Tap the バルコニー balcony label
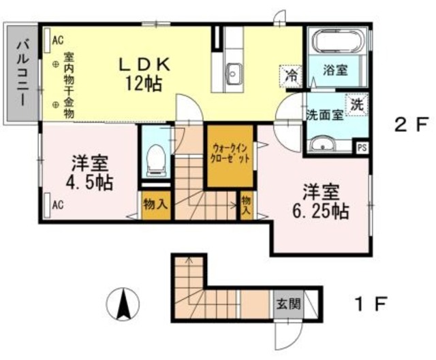pyautogui.click(x=20, y=72)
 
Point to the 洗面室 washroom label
pyautogui.click(x=324, y=115)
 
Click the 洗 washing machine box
pyautogui.click(x=357, y=105)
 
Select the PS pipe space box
pyautogui.click(x=362, y=145)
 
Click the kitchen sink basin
pyautogui.click(x=234, y=70)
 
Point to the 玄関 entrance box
pyautogui.click(x=287, y=304)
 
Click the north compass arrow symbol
pyautogui.click(x=123, y=304)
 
